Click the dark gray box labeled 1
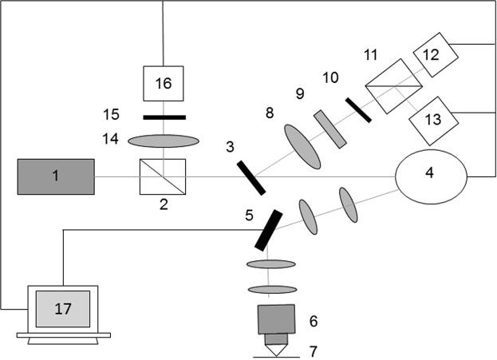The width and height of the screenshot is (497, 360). [55, 176]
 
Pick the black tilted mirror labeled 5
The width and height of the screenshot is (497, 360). [269, 229]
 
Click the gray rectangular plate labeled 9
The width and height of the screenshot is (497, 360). [330, 129]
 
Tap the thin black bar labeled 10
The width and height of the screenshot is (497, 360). [358, 109]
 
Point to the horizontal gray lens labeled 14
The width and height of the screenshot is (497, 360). [164, 140]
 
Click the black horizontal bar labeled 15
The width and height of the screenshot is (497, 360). [164, 117]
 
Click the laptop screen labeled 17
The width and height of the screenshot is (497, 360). [62, 307]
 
